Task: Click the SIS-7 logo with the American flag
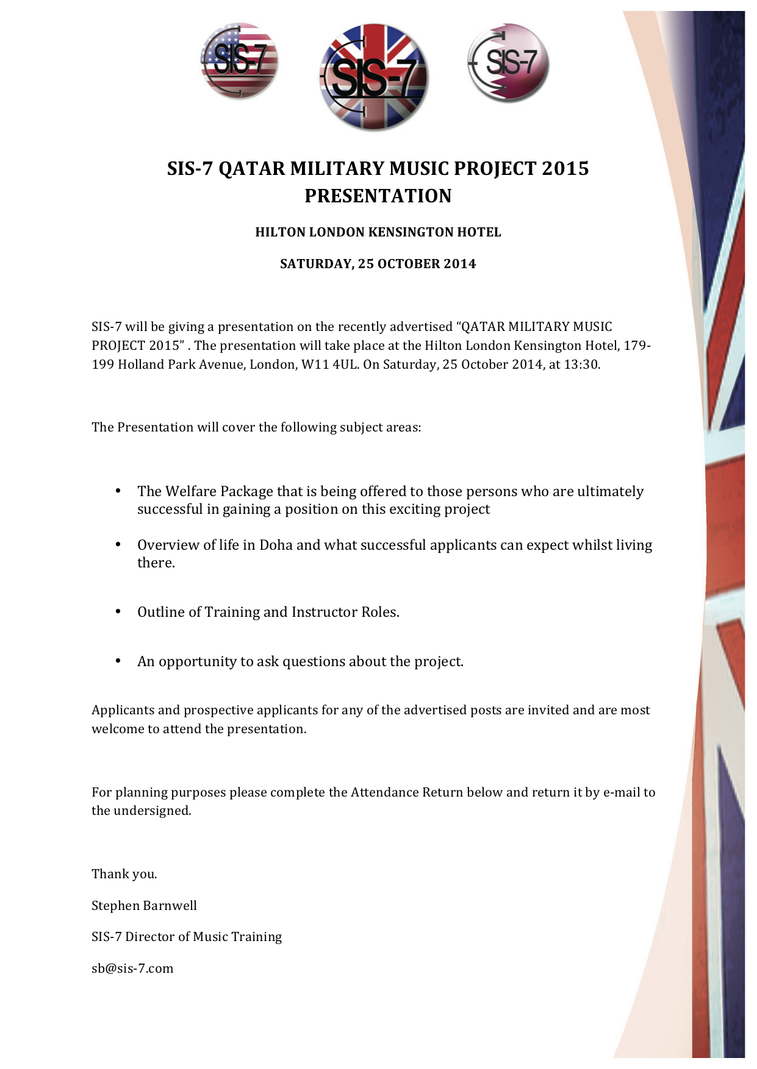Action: [240, 61]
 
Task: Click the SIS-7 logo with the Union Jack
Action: [373, 77]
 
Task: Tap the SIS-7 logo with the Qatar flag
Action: [508, 62]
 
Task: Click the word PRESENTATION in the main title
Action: [378, 196]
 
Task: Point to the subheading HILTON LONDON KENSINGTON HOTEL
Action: [378, 232]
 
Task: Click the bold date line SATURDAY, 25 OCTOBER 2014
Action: [378, 264]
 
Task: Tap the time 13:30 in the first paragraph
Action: [583, 364]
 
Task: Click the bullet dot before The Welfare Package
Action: [118, 491]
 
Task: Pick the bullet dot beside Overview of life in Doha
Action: [118, 544]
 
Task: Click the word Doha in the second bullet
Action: [276, 545]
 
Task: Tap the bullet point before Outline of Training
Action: [118, 611]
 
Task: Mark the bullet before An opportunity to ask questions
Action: [118, 661]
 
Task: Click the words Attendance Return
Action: [407, 792]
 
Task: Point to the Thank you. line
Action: [124, 874]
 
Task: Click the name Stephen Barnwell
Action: [144, 906]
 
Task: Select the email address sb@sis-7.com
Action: [132, 968]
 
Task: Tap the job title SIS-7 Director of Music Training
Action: [187, 937]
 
